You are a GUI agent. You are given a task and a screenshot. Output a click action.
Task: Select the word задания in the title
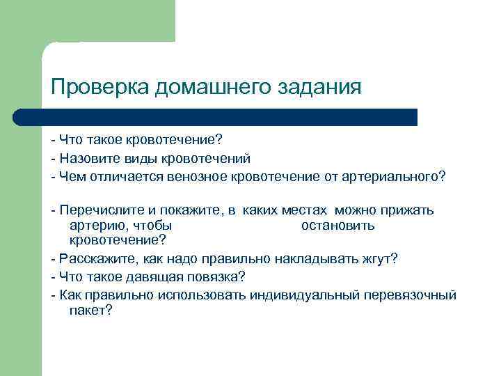point(319,88)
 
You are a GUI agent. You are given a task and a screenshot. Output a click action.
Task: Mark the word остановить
point(337,226)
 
